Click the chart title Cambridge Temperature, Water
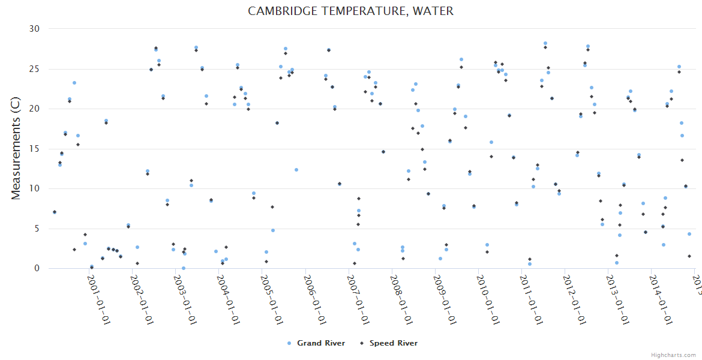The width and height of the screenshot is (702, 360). [x=350, y=11]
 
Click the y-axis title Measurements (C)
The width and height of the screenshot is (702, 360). [x=16, y=149]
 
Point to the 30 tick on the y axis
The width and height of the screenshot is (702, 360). [x=34, y=29]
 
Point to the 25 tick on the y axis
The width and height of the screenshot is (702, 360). [x=34, y=69]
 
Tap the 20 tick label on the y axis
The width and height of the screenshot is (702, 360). [x=34, y=109]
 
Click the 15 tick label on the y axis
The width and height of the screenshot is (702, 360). [x=34, y=149]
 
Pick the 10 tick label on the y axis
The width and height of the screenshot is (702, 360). [x=34, y=188]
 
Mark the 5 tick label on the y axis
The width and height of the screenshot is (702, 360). [x=37, y=229]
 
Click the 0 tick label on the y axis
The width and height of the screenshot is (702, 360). [x=37, y=269]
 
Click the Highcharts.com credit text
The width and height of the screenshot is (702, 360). [x=673, y=355]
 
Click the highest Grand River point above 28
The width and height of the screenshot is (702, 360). [x=545, y=43]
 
